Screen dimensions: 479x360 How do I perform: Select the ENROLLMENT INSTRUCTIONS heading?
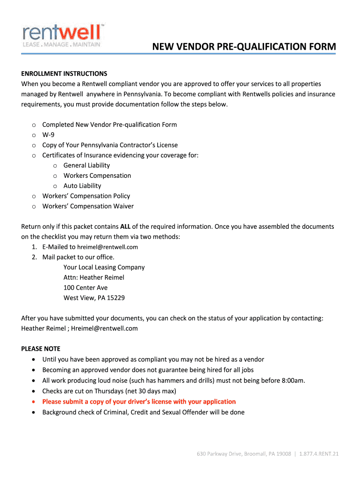point(64,73)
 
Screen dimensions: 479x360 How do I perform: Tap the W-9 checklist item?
point(48,135)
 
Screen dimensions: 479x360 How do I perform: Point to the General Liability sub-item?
point(86,165)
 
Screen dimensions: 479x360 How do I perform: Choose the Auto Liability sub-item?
point(82,186)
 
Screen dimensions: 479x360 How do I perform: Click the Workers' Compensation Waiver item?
point(88,206)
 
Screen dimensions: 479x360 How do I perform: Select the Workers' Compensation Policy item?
point(86,196)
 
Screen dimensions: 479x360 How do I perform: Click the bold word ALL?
point(125,226)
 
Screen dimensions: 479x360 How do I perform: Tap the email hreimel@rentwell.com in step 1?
point(108,247)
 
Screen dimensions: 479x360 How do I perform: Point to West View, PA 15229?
point(94,298)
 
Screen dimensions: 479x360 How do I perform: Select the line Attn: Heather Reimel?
point(94,277)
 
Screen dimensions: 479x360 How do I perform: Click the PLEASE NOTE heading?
point(41,349)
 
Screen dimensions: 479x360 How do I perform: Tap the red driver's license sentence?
point(139,402)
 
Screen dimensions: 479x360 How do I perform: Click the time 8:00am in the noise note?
point(293,380)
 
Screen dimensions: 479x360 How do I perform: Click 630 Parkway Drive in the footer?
point(218,454)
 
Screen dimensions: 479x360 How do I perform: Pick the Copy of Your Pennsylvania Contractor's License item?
point(110,145)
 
